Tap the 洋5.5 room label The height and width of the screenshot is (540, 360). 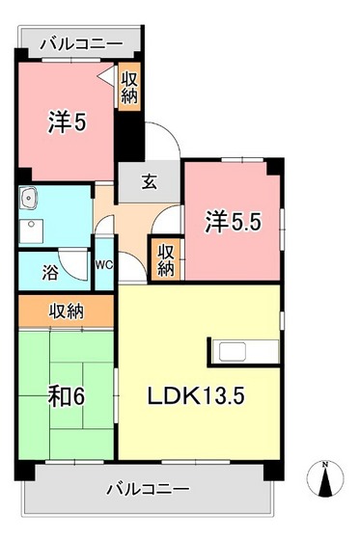point(233,223)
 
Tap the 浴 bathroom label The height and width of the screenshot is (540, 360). point(49,272)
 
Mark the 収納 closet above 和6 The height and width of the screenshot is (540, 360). point(65,310)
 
